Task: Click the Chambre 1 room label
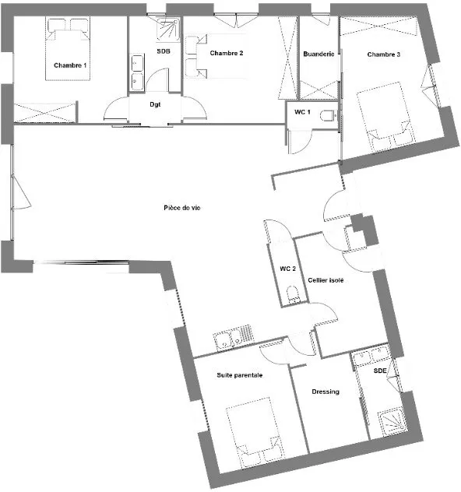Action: [x=70, y=65]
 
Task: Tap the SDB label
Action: [x=164, y=51]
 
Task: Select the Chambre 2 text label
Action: [x=227, y=53]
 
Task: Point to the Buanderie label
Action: [x=318, y=54]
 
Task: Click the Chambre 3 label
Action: [x=383, y=54]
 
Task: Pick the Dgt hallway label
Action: [x=155, y=104]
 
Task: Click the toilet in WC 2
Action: [x=293, y=293]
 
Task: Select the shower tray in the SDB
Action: [x=168, y=30]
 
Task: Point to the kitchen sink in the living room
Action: [x=234, y=338]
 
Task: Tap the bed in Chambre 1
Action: [x=68, y=48]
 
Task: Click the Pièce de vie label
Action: [x=182, y=208]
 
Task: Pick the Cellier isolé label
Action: [x=326, y=280]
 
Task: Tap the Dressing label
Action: [x=326, y=392]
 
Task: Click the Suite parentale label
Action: [x=239, y=375]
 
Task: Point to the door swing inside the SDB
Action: [x=157, y=79]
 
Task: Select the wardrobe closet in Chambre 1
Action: [x=45, y=111]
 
